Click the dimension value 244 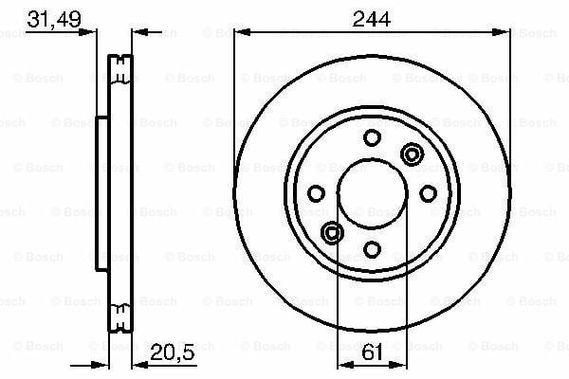371,19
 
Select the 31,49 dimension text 54,19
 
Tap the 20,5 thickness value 172,352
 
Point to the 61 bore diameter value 373,352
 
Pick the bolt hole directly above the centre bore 372,137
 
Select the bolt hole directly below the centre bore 372,249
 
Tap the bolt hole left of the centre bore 316,193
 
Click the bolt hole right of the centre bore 429,193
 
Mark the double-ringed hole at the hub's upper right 412,154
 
